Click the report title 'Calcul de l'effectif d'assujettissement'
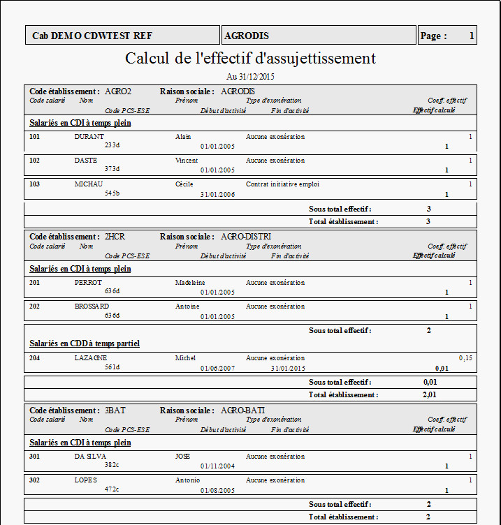(250, 58)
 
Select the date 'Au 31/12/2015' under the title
(250, 76)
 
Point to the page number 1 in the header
(472, 36)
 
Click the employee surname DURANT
(89, 137)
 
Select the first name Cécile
(184, 184)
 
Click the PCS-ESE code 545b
(112, 193)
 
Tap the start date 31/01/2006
(217, 194)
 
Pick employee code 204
(35, 357)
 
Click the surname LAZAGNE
(91, 357)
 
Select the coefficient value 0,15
(465, 357)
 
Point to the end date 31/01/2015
(288, 368)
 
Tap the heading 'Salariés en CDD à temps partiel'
(85, 343)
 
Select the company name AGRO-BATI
(242, 411)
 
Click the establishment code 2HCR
(115, 237)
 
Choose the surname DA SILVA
(90, 457)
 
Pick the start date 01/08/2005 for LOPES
(217, 490)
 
